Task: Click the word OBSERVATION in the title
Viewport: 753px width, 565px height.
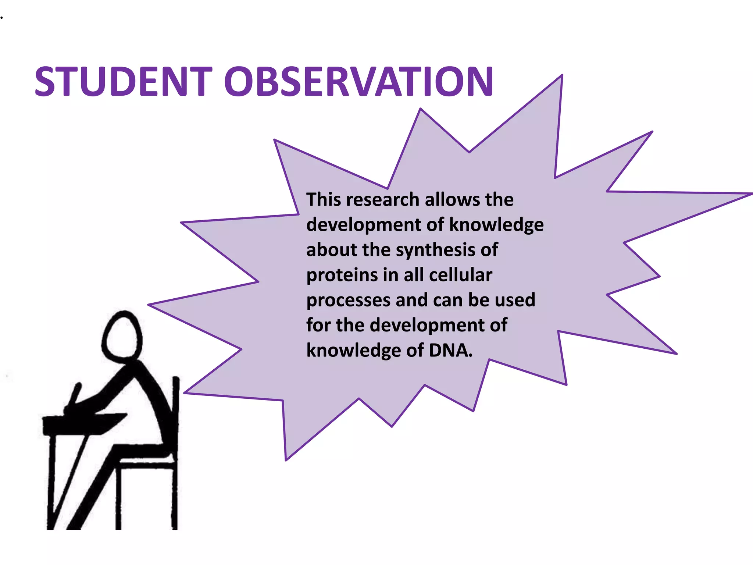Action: point(358,82)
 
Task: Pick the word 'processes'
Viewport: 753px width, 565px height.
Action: point(348,301)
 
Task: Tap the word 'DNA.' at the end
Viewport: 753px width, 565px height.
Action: point(450,350)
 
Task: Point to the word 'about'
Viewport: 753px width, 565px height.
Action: point(331,250)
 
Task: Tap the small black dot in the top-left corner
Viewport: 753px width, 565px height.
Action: point(1,17)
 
